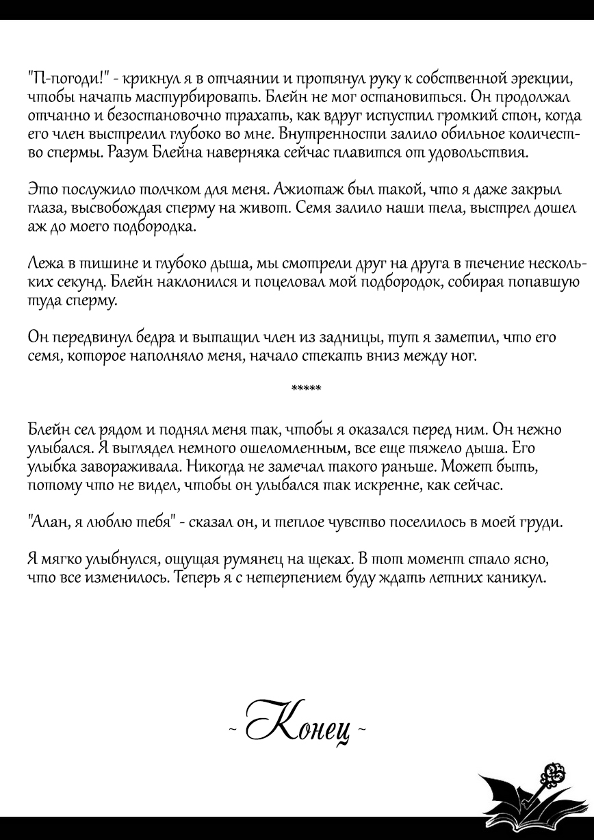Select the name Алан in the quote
[x=46, y=522]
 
